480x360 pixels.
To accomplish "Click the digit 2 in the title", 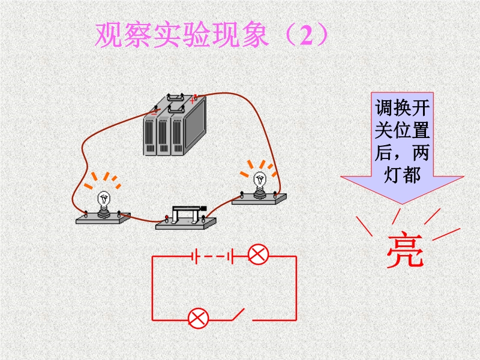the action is [x=307, y=35].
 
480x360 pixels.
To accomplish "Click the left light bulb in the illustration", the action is [x=104, y=203].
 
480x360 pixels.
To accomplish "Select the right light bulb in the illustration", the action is [x=260, y=184].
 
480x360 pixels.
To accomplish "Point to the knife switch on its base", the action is [x=186, y=218].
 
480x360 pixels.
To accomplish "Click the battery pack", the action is [x=175, y=125].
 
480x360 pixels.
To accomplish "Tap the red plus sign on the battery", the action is [x=191, y=100].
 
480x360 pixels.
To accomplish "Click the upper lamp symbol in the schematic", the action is [x=258, y=254].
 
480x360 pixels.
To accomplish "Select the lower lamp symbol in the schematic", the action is [x=198, y=319].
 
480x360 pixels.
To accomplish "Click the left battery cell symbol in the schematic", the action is [x=194, y=256].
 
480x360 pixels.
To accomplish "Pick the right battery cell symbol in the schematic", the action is [x=230, y=256].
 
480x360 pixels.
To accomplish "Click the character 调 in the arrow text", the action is [x=384, y=108].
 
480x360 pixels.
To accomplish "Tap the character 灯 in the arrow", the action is [x=393, y=175].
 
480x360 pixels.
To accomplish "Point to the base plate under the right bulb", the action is [x=259, y=199].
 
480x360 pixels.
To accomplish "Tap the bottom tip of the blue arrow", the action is [x=402, y=204].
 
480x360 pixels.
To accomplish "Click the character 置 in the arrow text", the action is [x=421, y=130].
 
